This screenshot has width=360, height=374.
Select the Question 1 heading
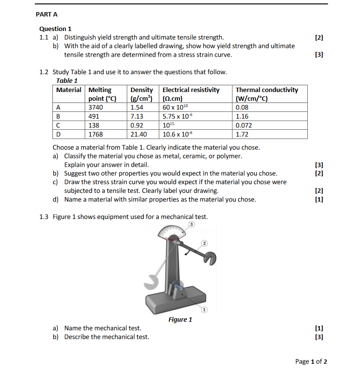[55, 29]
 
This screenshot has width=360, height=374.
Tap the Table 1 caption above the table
[67, 80]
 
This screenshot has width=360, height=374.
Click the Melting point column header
[102, 94]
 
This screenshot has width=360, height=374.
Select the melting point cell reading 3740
[96, 108]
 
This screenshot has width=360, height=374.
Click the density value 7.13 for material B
[137, 116]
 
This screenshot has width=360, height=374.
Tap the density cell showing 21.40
[139, 134]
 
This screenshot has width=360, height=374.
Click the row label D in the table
[59, 134]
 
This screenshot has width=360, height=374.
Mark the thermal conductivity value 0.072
[244, 125]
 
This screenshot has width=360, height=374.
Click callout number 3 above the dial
[191, 225]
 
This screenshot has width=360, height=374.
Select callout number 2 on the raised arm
[204, 243]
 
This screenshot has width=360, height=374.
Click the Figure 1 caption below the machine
[180, 319]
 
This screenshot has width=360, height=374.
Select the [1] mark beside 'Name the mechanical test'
[318, 328]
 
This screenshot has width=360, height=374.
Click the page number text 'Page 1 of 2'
[311, 361]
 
